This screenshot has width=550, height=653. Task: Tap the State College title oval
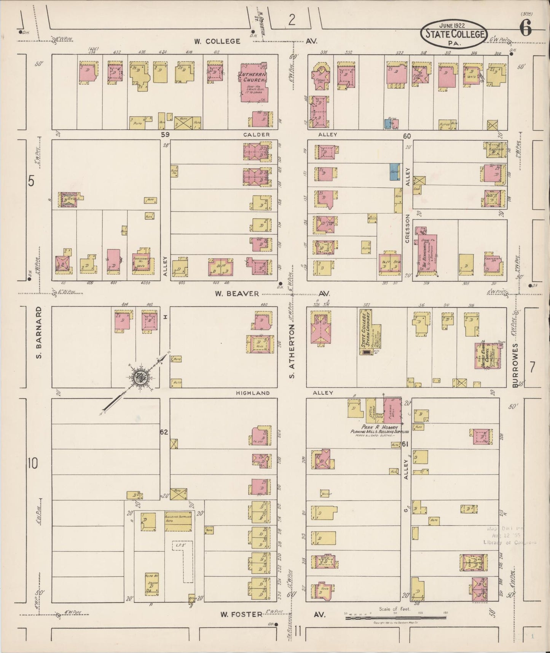pyautogui.click(x=454, y=34)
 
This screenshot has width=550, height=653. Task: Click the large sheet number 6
pyautogui.click(x=525, y=29)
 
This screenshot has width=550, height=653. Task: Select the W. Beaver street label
pyautogui.click(x=237, y=293)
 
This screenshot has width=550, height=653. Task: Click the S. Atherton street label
pyautogui.click(x=292, y=351)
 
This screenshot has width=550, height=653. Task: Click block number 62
pyautogui.click(x=164, y=432)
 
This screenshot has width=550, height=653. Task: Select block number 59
pyautogui.click(x=164, y=134)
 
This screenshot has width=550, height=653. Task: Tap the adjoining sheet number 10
pyautogui.click(x=33, y=464)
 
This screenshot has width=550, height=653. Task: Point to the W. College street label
pyautogui.click(x=217, y=41)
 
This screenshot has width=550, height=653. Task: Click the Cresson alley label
pyautogui.click(x=407, y=229)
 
